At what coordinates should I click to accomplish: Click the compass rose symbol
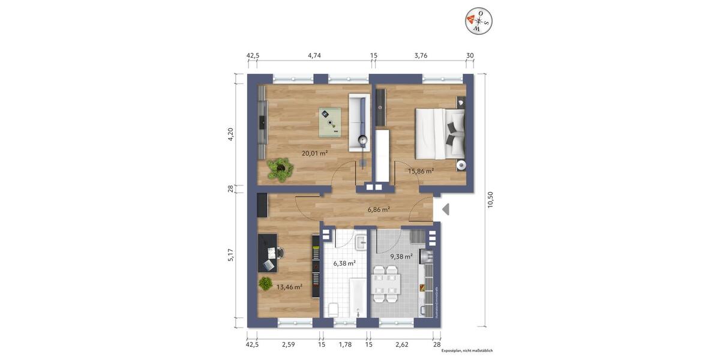(478, 21)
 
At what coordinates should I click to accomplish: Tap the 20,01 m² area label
(314, 153)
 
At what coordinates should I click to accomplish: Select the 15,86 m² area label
(421, 171)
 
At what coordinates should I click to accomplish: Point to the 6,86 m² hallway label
(379, 209)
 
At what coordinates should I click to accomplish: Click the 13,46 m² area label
(289, 287)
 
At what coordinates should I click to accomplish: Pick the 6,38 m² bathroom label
(344, 263)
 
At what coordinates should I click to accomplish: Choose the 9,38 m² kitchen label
(401, 257)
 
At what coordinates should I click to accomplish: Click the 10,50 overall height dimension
(490, 200)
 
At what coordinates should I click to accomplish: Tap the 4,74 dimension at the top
(314, 55)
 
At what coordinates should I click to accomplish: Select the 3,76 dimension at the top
(421, 55)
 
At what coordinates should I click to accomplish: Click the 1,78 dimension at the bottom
(346, 344)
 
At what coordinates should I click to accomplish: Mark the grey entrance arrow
(445, 209)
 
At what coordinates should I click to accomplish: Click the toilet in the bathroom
(333, 309)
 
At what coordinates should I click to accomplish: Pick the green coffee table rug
(329, 120)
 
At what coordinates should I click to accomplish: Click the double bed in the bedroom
(438, 133)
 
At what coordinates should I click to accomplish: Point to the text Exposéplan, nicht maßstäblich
(467, 350)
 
